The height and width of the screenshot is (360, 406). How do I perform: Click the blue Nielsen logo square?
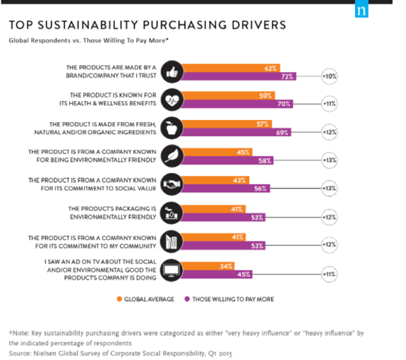(362, 8)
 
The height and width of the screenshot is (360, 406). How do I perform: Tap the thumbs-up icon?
(172, 72)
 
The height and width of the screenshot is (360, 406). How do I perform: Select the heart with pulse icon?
(172, 100)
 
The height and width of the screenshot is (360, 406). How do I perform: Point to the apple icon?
(172, 128)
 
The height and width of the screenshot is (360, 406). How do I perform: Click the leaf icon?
(172, 156)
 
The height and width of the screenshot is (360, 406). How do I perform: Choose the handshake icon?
(172, 184)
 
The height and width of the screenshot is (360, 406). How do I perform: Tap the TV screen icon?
(172, 270)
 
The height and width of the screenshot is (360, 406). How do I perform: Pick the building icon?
(172, 241)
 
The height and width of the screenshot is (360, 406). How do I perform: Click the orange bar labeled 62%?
(230, 68)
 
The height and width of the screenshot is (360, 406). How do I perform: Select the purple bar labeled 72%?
(239, 76)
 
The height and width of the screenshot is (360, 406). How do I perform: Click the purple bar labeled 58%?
(227, 160)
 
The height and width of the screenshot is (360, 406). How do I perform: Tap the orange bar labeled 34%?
(208, 266)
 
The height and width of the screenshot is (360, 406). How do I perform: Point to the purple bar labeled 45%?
(217, 275)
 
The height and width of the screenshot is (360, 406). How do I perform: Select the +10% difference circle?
(329, 76)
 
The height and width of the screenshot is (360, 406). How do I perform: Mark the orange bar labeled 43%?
(215, 180)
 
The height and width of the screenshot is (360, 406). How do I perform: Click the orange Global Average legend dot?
(119, 299)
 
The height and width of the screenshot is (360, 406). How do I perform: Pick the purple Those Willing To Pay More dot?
(187, 299)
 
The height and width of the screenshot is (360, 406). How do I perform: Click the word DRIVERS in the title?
(258, 25)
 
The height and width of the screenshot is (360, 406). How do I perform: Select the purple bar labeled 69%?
(236, 133)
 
